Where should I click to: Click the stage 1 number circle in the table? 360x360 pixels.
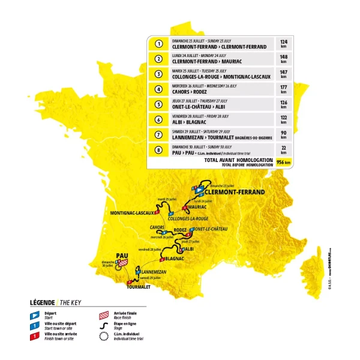(159, 44)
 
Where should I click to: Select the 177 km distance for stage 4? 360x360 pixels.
(283, 91)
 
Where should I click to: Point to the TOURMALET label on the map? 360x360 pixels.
(139, 287)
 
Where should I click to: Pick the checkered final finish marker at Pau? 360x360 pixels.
(124, 262)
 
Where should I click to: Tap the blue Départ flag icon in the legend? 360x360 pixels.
(35, 314)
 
